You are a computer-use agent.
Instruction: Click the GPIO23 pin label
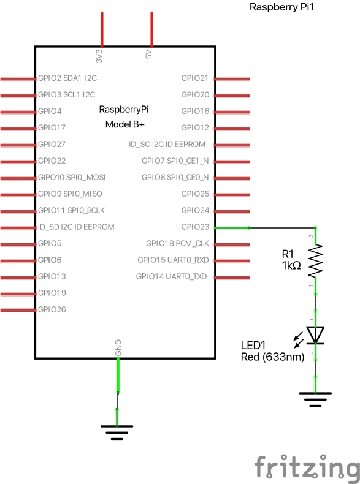(x=195, y=227)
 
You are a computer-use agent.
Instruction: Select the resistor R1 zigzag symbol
(x=315, y=261)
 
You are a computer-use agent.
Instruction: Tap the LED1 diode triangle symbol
(x=315, y=335)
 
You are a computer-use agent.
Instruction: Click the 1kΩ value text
(x=292, y=265)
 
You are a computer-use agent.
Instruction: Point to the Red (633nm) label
(x=273, y=357)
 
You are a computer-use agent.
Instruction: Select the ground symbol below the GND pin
(x=118, y=433)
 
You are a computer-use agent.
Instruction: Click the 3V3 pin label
(x=99, y=55)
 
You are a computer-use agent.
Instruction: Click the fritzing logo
(x=307, y=467)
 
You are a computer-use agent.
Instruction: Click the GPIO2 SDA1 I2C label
(x=67, y=78)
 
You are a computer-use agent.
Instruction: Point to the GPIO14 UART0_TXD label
(x=172, y=276)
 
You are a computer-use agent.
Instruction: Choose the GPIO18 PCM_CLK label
(x=177, y=243)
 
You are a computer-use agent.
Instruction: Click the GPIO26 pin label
(x=52, y=309)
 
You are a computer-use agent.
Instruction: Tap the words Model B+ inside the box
(x=124, y=124)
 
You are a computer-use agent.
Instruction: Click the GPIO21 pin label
(x=195, y=78)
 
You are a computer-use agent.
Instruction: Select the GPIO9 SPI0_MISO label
(x=70, y=194)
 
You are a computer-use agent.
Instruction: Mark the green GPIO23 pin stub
(x=231, y=227)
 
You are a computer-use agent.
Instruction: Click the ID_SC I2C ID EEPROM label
(x=167, y=145)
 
